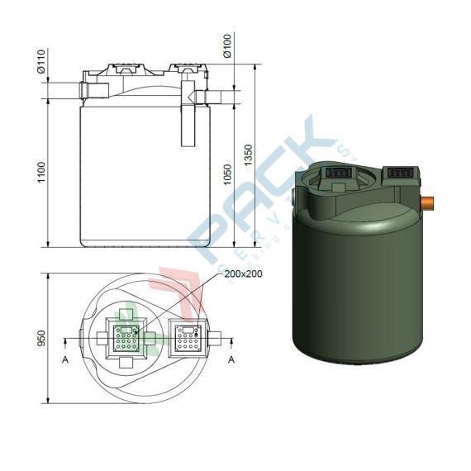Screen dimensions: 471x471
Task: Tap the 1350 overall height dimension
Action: [x=248, y=155]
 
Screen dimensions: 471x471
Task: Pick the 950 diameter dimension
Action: [x=40, y=339]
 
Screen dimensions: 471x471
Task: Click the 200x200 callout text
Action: [x=245, y=274]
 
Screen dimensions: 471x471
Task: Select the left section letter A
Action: [x=64, y=359]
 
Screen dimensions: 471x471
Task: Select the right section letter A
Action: [x=231, y=359]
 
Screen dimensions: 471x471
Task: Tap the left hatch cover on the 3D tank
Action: [x=339, y=174]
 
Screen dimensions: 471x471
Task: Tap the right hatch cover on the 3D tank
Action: [x=400, y=173]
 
